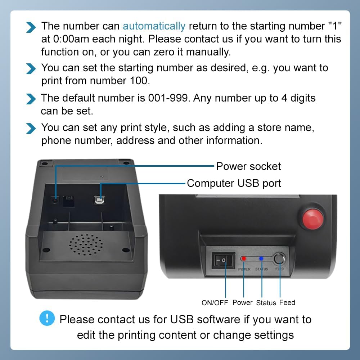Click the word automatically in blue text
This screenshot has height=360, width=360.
tap(154, 26)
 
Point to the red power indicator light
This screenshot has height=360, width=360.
tap(244, 258)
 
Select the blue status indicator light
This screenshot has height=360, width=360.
tap(262, 258)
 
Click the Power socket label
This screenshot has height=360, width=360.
tap(248, 166)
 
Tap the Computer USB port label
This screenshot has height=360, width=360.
tap(234, 183)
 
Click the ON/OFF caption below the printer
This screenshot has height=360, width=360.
tap(215, 303)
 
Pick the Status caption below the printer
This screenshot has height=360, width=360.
tap(266, 303)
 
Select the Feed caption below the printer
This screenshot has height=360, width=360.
tap(287, 302)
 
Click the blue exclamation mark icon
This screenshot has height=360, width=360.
tap(47, 318)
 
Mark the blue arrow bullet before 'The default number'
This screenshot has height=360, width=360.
tap(32, 98)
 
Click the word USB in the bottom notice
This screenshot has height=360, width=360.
tap(183, 320)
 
